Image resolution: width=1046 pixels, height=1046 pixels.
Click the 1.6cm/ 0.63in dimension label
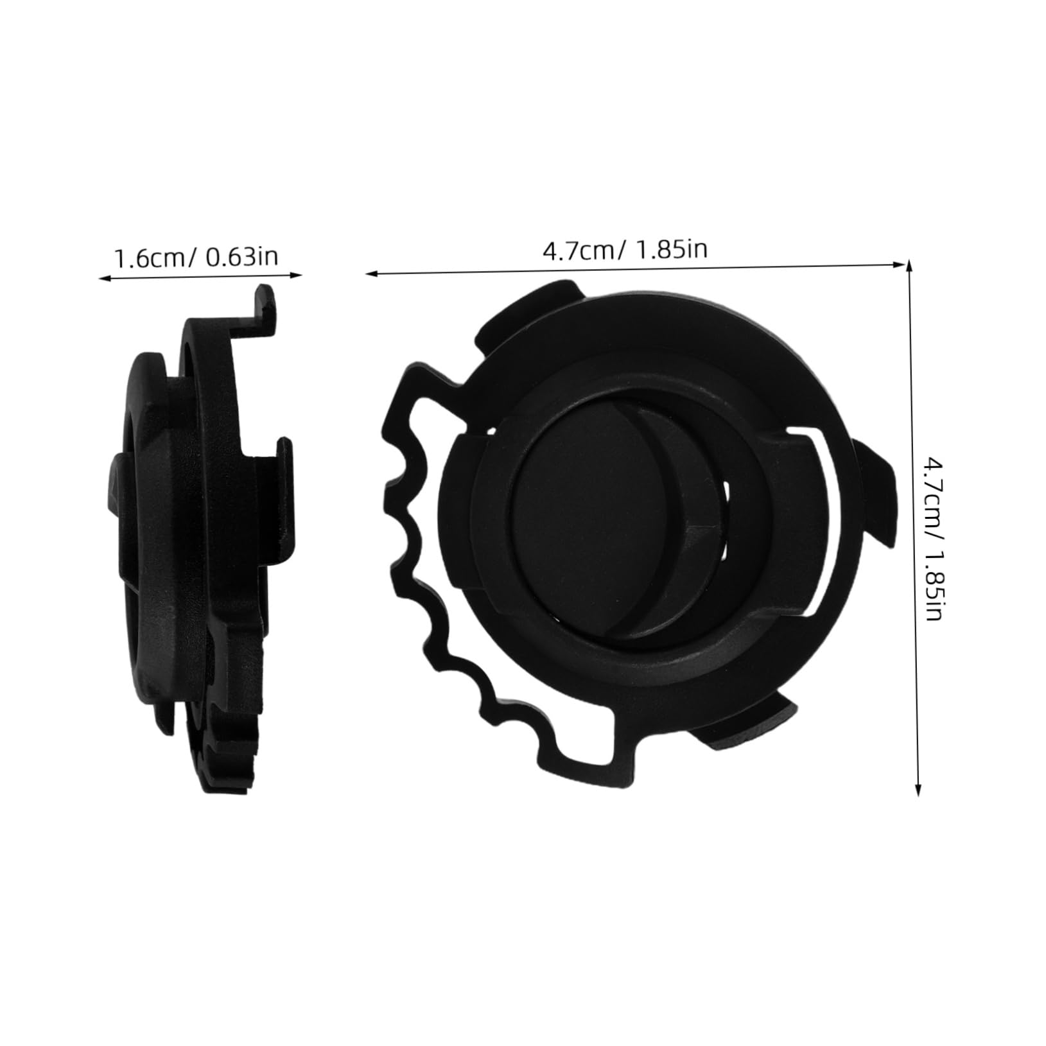tap(196, 257)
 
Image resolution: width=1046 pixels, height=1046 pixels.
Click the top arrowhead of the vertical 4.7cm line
tap(908, 266)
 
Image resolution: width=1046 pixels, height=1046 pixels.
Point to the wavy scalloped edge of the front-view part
tap(405, 565)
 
